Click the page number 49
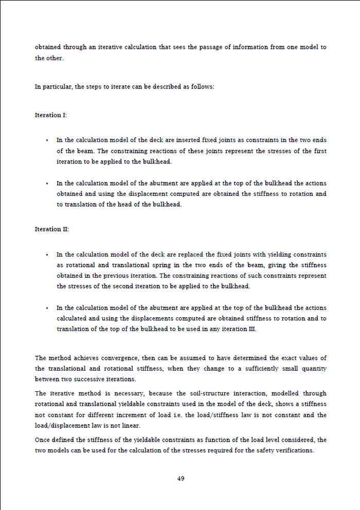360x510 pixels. tap(181, 478)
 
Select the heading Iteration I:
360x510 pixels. tap(50, 115)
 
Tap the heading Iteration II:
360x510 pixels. tap(51, 229)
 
